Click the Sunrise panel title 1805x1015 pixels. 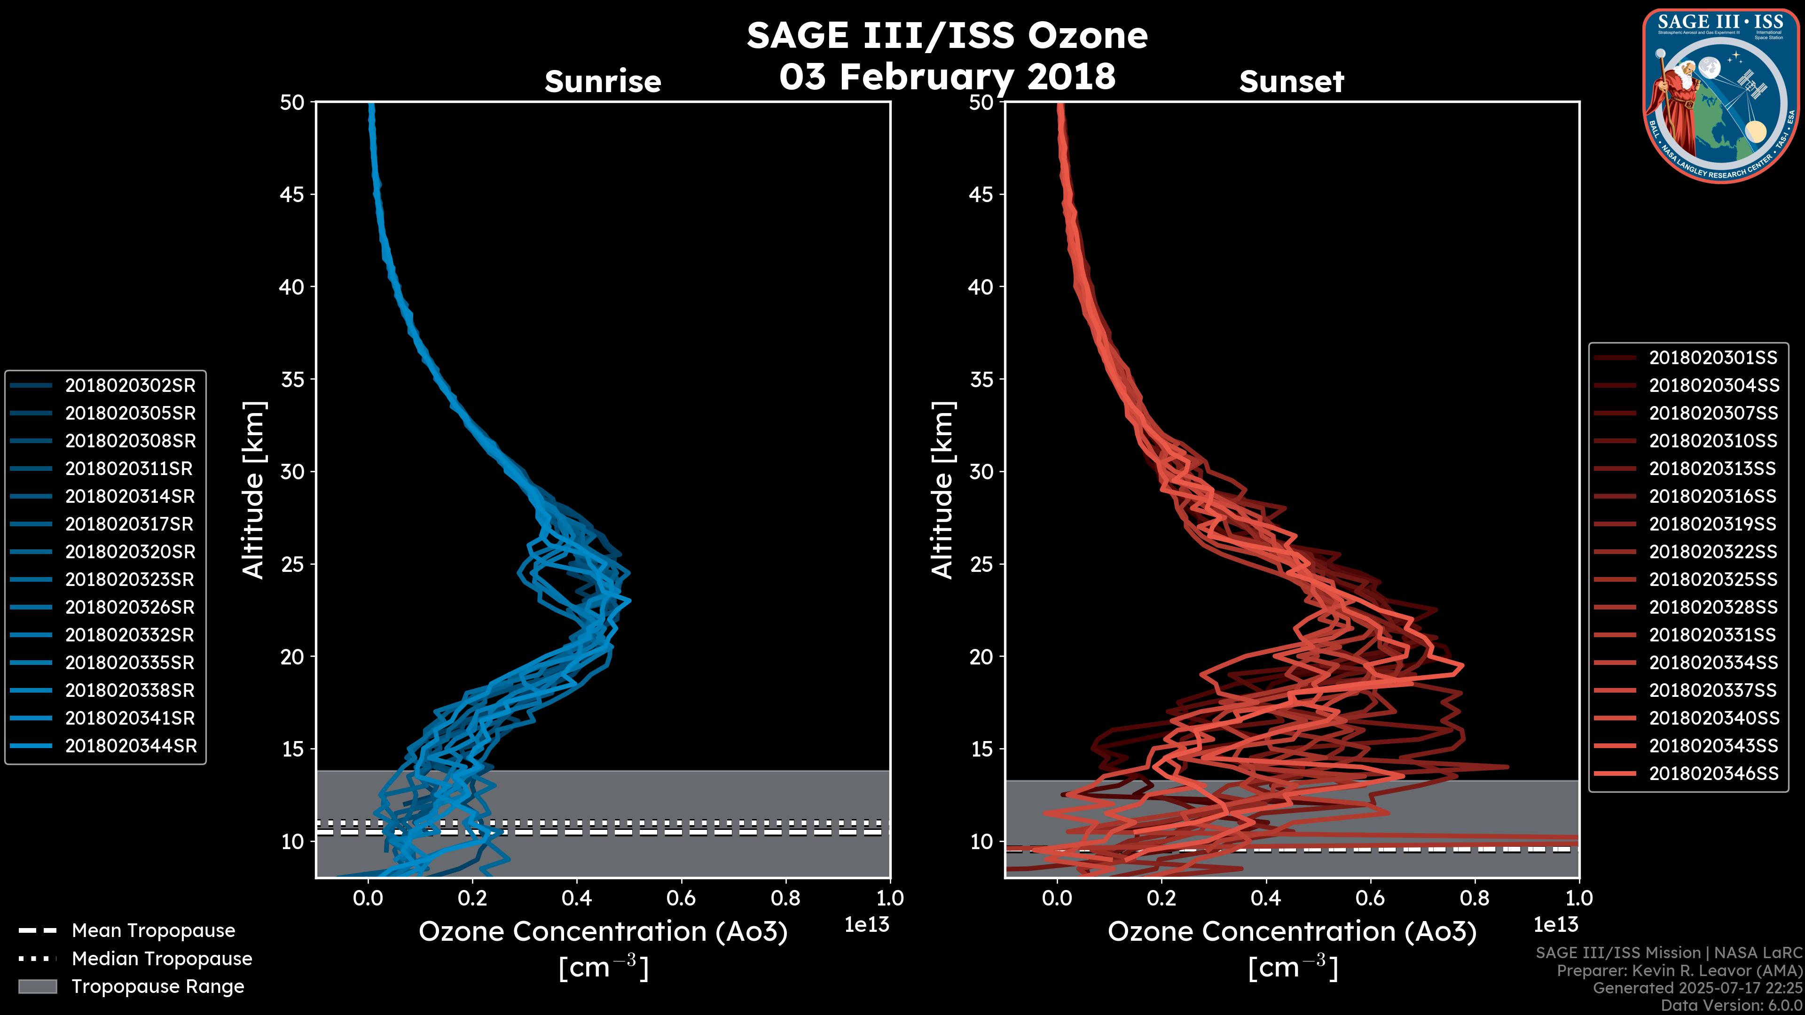click(603, 82)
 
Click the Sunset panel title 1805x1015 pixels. click(1291, 82)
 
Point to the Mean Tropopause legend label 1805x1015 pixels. click(153, 930)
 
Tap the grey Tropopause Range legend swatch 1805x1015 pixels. click(37, 986)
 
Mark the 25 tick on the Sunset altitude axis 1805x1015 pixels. click(981, 564)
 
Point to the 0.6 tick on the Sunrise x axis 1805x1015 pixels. click(681, 898)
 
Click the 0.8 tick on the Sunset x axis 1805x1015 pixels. click(1474, 898)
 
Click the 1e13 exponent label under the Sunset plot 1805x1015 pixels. click(1555, 925)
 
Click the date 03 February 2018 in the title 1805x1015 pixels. click(947, 76)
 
